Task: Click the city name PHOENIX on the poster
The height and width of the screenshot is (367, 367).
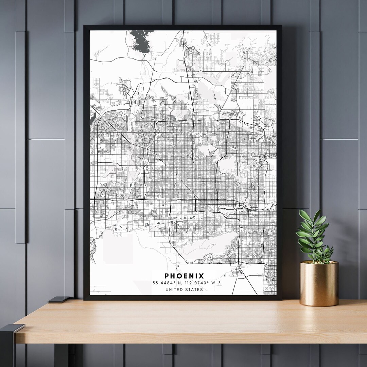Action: coord(185,276)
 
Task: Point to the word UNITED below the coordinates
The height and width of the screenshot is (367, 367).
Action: coord(174,290)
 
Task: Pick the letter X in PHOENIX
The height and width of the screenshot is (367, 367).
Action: coord(202,276)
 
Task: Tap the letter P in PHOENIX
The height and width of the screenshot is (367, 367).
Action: coord(167,276)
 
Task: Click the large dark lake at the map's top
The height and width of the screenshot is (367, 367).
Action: coord(140,40)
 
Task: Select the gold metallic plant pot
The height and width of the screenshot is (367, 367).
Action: coord(319,284)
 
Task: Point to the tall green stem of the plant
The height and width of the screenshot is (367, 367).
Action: coord(312,234)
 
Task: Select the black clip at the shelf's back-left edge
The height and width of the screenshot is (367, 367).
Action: coord(58,300)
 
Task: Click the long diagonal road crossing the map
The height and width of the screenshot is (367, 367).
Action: coord(170,170)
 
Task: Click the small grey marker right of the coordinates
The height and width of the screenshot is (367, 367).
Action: coord(220,282)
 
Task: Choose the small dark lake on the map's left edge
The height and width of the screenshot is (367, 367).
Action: coord(92,118)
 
